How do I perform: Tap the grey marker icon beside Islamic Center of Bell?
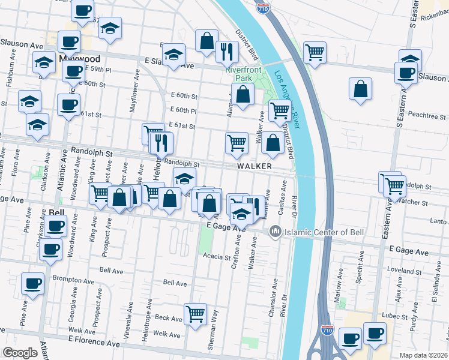pos(276,231)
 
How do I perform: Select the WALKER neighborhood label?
pos(254,166)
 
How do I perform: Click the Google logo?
pos(20,352)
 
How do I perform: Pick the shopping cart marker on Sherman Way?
pos(196,313)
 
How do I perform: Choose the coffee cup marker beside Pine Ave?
pos(32,283)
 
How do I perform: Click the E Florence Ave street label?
pos(91,340)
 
